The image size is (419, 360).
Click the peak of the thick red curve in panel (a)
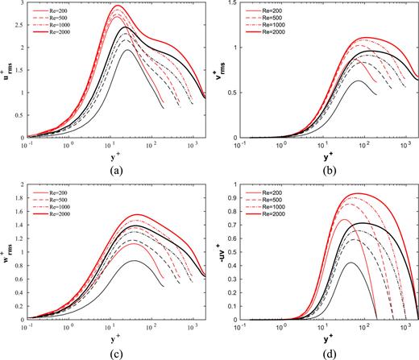tap(118, 6)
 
